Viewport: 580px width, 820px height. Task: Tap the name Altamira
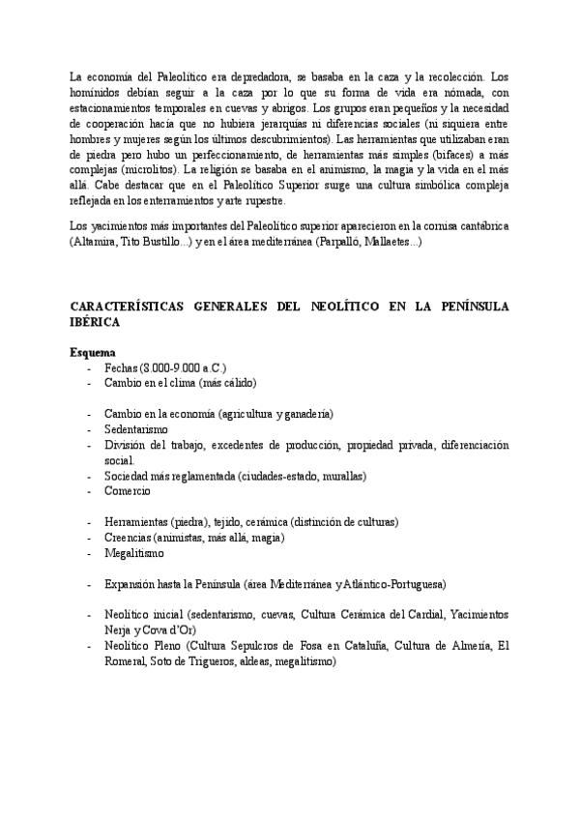(94, 242)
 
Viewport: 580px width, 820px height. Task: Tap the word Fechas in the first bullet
(121, 368)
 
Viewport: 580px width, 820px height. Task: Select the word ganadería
(304, 413)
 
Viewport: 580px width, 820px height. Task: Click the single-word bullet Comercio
(128, 491)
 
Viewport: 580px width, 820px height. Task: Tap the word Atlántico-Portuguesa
(390, 585)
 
